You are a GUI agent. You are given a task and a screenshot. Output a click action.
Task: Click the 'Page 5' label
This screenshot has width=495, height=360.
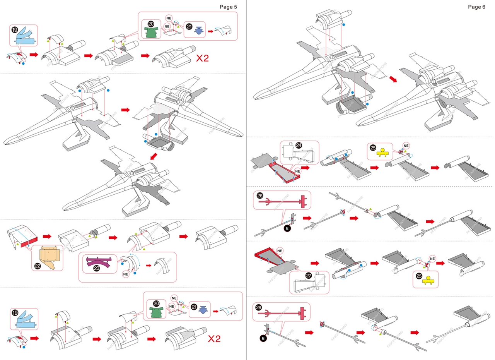click(x=228, y=7)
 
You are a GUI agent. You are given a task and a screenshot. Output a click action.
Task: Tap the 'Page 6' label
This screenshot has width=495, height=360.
click(x=476, y=7)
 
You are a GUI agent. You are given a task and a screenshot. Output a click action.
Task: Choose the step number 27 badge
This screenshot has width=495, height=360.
click(x=309, y=275)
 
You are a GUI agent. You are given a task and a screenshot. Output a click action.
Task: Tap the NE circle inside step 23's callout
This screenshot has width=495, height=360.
click(x=125, y=274)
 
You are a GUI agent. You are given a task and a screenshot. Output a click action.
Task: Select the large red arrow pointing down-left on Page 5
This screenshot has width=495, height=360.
click(x=154, y=156)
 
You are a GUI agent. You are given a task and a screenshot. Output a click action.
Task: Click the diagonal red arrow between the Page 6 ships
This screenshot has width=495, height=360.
click(x=393, y=79)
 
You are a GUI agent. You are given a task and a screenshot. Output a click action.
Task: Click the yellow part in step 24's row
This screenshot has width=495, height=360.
click(x=383, y=152)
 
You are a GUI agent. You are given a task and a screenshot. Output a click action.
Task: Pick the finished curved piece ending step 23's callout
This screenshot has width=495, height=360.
click(x=162, y=266)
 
